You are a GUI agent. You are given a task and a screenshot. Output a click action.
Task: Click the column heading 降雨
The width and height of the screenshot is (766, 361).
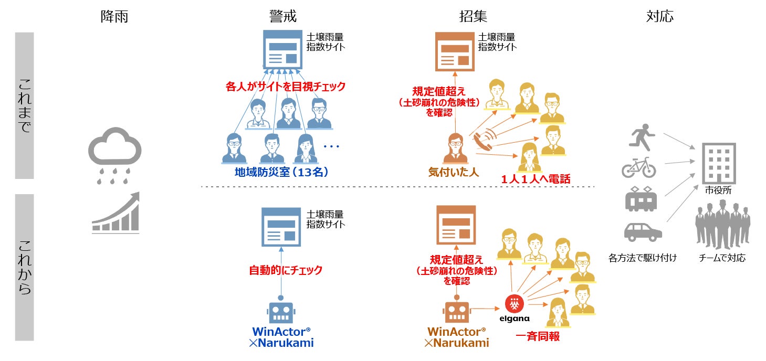pyautogui.click(x=114, y=16)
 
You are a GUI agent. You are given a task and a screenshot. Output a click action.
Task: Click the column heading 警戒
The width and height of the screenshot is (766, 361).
pyautogui.click(x=282, y=16)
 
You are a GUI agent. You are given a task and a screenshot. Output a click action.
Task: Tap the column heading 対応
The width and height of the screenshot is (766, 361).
pyautogui.click(x=660, y=16)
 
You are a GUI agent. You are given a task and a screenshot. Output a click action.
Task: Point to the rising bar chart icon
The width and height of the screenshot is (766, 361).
pyautogui.click(x=116, y=213)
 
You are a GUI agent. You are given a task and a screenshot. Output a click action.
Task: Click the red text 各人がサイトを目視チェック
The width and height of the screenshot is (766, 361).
pyautogui.click(x=286, y=87)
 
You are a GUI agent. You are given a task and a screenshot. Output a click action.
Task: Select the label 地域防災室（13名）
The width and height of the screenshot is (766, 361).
pyautogui.click(x=282, y=172)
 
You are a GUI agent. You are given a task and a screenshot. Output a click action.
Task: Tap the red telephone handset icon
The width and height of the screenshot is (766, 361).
pyautogui.click(x=484, y=141)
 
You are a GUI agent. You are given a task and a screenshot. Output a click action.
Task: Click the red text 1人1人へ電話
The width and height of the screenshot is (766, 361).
pyautogui.click(x=536, y=179)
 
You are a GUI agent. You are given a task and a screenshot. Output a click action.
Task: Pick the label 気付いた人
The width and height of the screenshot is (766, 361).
pyautogui.click(x=454, y=172)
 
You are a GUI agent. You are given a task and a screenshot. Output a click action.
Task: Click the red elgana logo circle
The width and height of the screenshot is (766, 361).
pyautogui.click(x=514, y=303)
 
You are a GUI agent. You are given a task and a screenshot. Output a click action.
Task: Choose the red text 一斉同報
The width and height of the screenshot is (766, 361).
pyautogui.click(x=537, y=336)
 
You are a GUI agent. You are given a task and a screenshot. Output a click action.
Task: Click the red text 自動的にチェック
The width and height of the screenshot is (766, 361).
pyautogui.click(x=285, y=271)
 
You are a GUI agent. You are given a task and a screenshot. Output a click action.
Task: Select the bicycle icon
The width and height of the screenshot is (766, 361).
pyautogui.click(x=639, y=167)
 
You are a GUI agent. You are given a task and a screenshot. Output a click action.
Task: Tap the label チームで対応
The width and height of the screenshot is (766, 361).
pyautogui.click(x=722, y=258)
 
